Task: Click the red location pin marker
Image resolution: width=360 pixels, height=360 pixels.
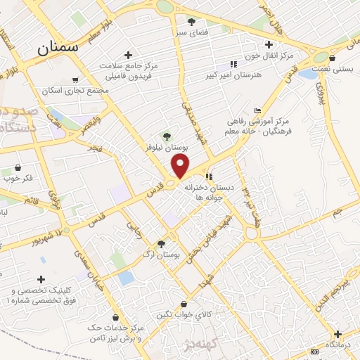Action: tap(181, 167)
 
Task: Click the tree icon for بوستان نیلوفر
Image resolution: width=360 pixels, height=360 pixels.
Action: tap(167, 136)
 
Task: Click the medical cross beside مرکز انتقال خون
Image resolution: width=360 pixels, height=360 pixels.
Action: tap(269, 44)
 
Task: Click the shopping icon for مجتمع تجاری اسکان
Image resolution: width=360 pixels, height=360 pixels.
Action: tap(75, 80)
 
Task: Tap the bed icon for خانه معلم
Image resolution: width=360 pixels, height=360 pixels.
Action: tap(257, 110)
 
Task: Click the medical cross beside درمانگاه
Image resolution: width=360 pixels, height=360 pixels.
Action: tap(337, 334)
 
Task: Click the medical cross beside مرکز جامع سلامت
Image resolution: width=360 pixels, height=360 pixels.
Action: tap(127, 54)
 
